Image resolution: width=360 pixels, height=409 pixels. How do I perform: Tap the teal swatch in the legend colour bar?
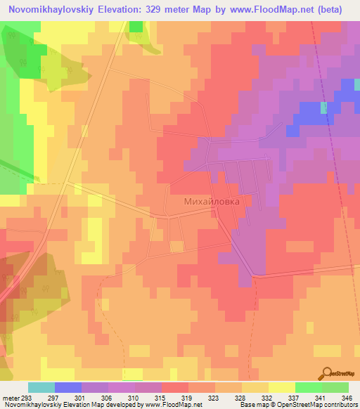coord(41,387)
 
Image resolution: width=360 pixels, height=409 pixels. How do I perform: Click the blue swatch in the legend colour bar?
coord(68,387)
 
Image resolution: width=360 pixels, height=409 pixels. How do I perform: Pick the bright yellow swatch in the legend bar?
coord(282,387)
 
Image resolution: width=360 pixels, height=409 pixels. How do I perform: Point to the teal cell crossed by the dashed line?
coord(324,108)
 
